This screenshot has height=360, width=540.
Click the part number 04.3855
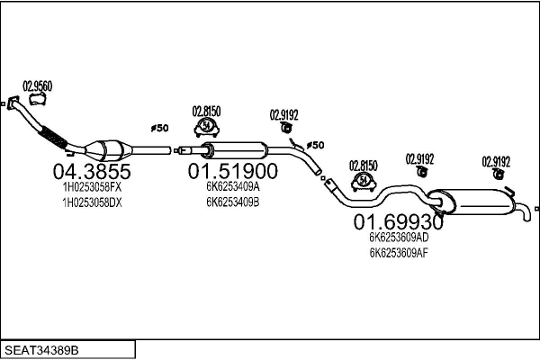tap(93, 172)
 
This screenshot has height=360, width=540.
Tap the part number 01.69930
tap(398, 221)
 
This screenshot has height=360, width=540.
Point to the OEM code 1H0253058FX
tap(93, 186)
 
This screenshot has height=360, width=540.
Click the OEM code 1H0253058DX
tap(93, 202)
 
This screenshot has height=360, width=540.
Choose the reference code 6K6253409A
tap(232, 186)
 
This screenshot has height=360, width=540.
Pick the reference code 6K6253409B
tap(232, 202)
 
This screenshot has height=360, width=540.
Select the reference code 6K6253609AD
tap(398, 238)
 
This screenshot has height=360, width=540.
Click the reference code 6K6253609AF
tap(398, 253)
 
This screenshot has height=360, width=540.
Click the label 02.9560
tap(37, 85)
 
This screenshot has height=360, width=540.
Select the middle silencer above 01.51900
tap(237, 149)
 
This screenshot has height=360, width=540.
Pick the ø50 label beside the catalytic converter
tap(158, 129)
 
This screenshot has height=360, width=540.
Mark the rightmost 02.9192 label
tap(496, 161)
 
